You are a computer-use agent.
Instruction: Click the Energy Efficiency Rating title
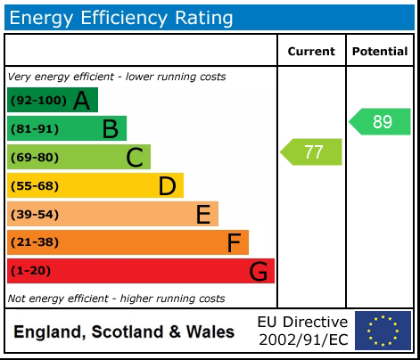[122, 17]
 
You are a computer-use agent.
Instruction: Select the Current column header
[311, 52]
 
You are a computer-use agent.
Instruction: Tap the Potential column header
[380, 52]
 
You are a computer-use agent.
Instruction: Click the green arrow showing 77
[312, 151]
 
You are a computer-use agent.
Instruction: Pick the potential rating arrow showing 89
[381, 122]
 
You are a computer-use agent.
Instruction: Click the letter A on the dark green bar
[81, 101]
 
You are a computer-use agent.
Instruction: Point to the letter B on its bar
[110, 129]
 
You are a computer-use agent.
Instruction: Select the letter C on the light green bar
[135, 158]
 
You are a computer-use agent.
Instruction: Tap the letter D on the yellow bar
[167, 186]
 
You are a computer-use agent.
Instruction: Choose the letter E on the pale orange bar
[202, 214]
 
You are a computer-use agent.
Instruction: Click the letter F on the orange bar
[234, 242]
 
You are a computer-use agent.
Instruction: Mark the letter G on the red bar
[259, 271]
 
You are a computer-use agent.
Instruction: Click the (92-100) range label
[37, 101]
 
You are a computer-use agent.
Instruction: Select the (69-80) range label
[35, 158]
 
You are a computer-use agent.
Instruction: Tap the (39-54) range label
[35, 215]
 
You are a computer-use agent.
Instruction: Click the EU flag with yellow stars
[383, 331]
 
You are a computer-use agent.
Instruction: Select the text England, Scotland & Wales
[124, 332]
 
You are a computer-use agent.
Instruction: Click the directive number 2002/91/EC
[302, 340]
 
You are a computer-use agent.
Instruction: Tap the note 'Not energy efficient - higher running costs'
[116, 299]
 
